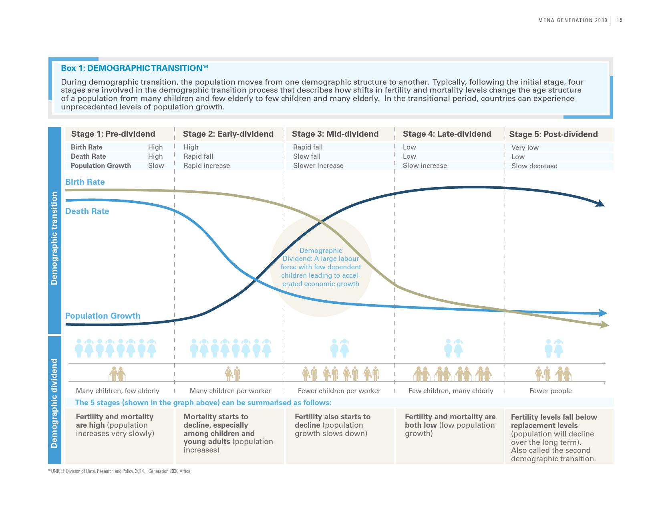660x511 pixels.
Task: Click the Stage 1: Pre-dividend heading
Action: (113, 134)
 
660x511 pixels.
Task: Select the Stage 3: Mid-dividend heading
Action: (335, 134)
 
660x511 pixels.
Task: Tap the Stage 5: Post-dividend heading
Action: (553, 134)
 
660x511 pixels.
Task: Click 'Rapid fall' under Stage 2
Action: (198, 156)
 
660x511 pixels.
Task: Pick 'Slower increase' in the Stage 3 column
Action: (318, 166)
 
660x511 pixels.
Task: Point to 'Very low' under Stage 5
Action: (525, 147)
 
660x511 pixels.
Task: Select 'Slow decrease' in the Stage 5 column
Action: (534, 166)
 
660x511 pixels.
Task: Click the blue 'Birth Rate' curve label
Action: (85, 182)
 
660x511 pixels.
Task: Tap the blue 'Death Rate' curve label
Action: (87, 211)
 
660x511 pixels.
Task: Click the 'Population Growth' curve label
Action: (103, 316)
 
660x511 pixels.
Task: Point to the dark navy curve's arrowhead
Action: (600, 204)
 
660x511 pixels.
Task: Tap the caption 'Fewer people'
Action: (550, 391)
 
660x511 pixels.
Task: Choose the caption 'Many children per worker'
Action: (230, 391)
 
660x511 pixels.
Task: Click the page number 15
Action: (620, 20)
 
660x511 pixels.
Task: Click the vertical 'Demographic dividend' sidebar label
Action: (54, 403)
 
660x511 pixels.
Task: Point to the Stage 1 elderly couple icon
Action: (117, 374)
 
